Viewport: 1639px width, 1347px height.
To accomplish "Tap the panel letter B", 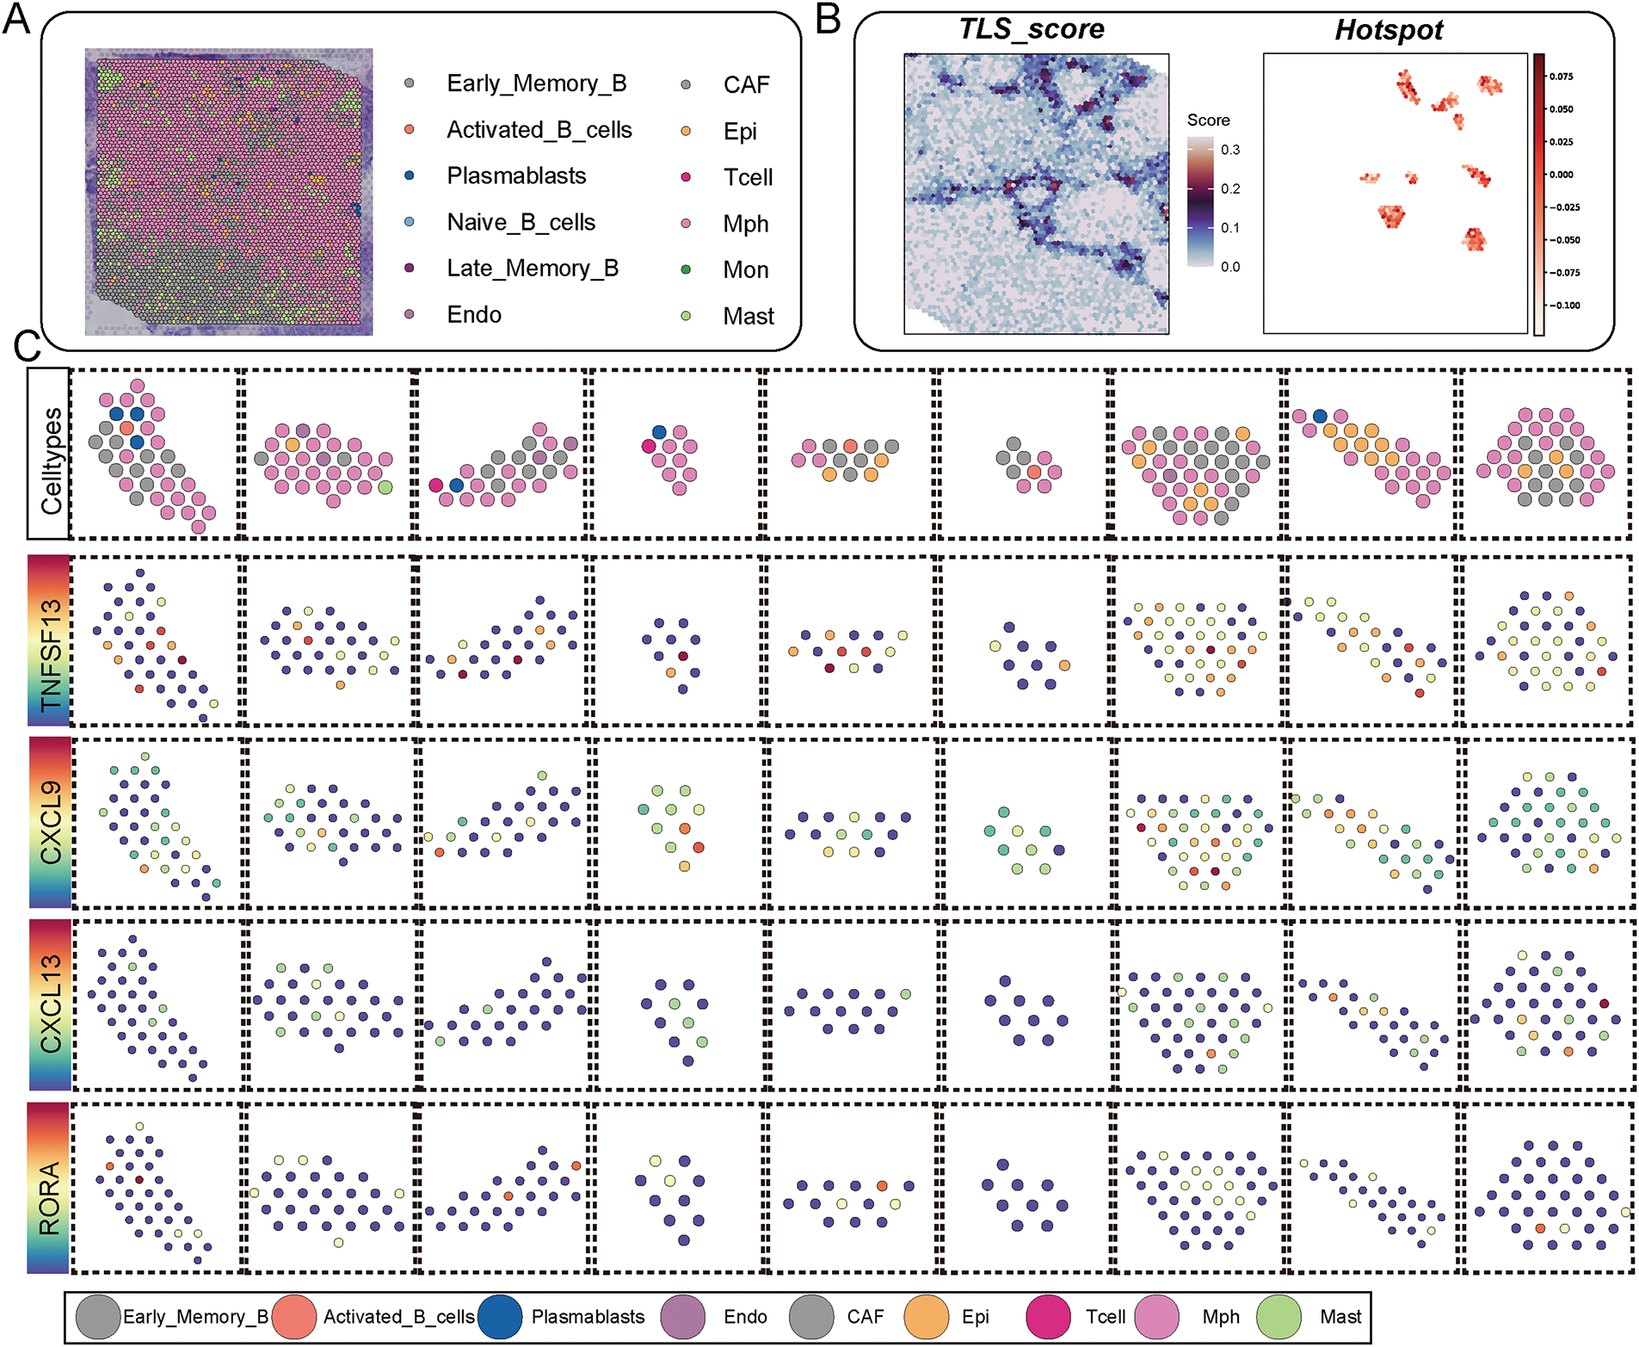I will pyautogui.click(x=828, y=19).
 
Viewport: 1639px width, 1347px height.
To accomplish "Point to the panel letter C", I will pyautogui.click(x=28, y=347).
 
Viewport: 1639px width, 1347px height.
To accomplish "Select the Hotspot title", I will pyautogui.click(x=1389, y=31).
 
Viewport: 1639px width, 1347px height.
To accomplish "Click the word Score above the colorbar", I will pyautogui.click(x=1208, y=120).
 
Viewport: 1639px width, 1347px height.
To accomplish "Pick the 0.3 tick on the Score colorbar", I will pyautogui.click(x=1230, y=150).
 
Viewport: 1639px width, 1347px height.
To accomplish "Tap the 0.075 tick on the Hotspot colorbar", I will pyautogui.click(x=1561, y=77).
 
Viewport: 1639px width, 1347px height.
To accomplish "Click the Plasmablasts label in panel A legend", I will pyautogui.click(x=516, y=176).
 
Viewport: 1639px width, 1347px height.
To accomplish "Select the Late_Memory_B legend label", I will pyautogui.click(x=533, y=269).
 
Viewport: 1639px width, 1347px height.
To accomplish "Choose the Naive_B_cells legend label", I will pyautogui.click(x=521, y=223).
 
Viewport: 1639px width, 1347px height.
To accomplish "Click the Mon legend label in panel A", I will pyautogui.click(x=745, y=270).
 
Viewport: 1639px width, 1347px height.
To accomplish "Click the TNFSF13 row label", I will pyautogui.click(x=50, y=654).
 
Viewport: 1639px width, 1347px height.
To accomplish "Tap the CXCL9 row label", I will pyautogui.click(x=50, y=821).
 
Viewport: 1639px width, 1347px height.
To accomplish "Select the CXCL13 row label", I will pyautogui.click(x=50, y=1004).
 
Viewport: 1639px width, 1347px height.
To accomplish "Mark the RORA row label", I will pyautogui.click(x=50, y=1197).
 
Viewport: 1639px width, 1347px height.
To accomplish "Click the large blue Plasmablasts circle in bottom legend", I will pyautogui.click(x=500, y=1317).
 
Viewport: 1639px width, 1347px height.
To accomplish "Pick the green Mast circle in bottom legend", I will pyautogui.click(x=1279, y=1317).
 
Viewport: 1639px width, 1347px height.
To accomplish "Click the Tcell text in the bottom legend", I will pyautogui.click(x=1105, y=1317).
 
